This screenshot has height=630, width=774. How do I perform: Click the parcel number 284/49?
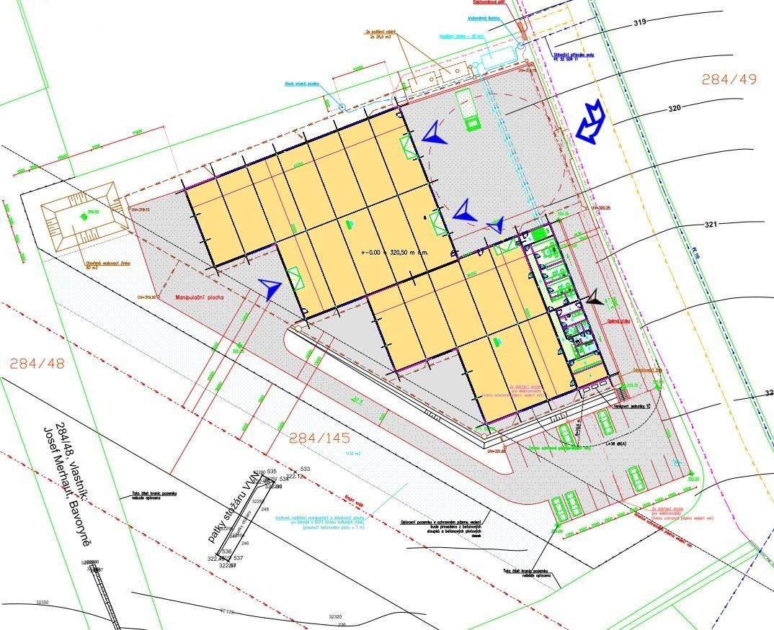point(729,79)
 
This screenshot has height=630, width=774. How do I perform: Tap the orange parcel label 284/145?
point(319,437)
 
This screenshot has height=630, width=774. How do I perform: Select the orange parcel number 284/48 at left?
point(37,364)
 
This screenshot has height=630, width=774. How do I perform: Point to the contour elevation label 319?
point(639,23)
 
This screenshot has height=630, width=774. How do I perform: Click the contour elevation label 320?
point(674,109)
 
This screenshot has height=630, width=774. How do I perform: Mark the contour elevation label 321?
point(711,225)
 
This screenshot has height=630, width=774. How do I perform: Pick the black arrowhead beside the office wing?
point(595,298)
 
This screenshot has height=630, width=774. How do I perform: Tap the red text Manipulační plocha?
point(200,297)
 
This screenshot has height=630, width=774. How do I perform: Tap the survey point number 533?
point(304,469)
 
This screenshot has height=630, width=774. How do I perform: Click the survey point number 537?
point(239,557)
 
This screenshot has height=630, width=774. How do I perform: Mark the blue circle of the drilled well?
point(342,107)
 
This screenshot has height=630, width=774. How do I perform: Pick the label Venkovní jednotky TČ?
point(631,406)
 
